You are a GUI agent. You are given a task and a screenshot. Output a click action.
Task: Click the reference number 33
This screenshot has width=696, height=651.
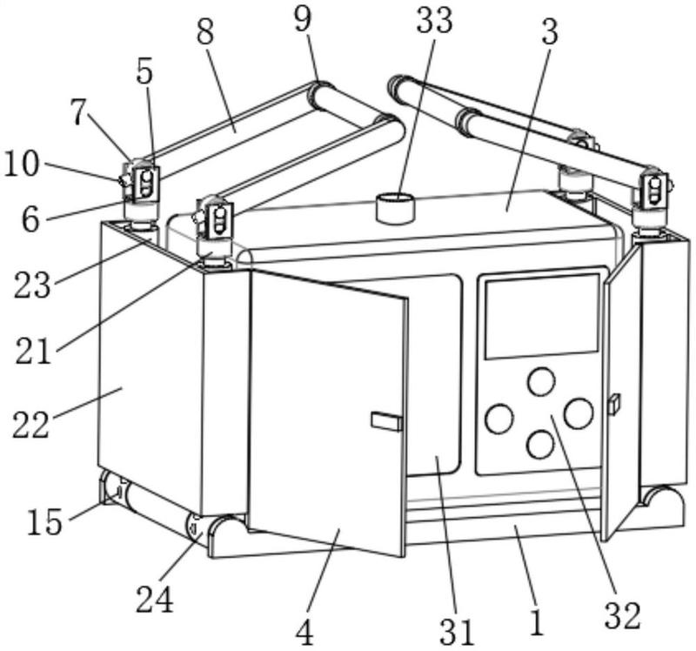434,21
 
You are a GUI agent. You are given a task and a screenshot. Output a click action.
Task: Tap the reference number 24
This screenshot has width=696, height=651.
155,599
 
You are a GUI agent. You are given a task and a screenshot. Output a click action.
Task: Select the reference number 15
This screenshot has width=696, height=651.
44,521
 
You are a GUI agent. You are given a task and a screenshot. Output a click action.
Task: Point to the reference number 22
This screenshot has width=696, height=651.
30,425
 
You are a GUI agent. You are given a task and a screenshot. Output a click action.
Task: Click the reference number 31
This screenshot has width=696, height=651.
458,632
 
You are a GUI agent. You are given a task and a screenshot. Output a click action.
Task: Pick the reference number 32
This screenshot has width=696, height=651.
623,615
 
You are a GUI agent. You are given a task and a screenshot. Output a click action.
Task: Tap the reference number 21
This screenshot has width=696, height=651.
33,351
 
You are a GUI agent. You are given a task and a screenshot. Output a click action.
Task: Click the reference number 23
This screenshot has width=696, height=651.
32,285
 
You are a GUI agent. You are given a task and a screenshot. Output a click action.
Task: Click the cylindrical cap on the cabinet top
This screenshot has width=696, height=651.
395,208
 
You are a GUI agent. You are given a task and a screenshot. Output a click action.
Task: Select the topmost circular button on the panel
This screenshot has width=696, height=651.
541,381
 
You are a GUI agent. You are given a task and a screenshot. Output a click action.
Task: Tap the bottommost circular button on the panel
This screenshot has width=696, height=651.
540,445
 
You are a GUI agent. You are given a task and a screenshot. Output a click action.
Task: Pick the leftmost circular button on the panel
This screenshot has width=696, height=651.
499,419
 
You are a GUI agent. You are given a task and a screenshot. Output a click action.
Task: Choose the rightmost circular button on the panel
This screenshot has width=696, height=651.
579,413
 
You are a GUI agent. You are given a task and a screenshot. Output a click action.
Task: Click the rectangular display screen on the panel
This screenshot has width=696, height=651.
542,316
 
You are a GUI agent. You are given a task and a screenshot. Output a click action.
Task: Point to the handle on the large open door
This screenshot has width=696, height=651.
387,421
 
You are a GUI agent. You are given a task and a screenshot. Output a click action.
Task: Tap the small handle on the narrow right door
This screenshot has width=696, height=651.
615,404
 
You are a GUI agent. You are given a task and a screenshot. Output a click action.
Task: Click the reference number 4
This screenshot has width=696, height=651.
304,633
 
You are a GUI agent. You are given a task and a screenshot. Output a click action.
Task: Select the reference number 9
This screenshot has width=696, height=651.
303,18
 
